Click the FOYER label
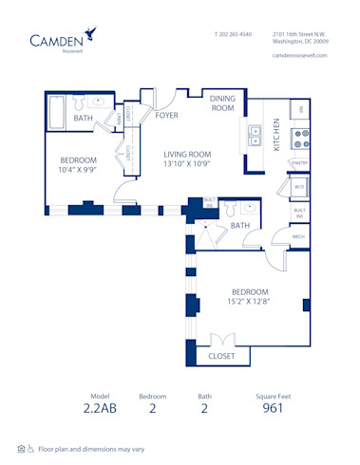point(167,116)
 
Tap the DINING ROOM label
point(222,102)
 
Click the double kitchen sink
point(254,136)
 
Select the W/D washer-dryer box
point(299,187)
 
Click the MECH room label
point(298,236)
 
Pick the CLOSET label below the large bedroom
point(222,357)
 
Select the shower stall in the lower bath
point(206,233)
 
